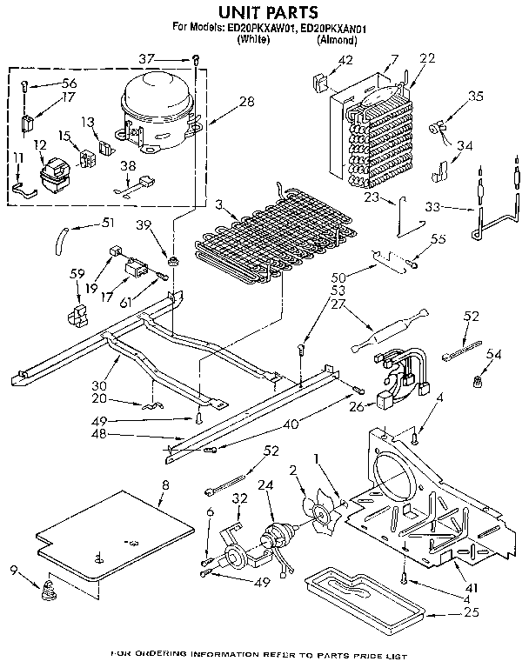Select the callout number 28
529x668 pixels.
246,103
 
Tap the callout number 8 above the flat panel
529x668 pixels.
165,484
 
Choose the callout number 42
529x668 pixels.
345,60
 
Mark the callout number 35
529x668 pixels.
475,97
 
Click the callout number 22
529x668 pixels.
426,59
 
